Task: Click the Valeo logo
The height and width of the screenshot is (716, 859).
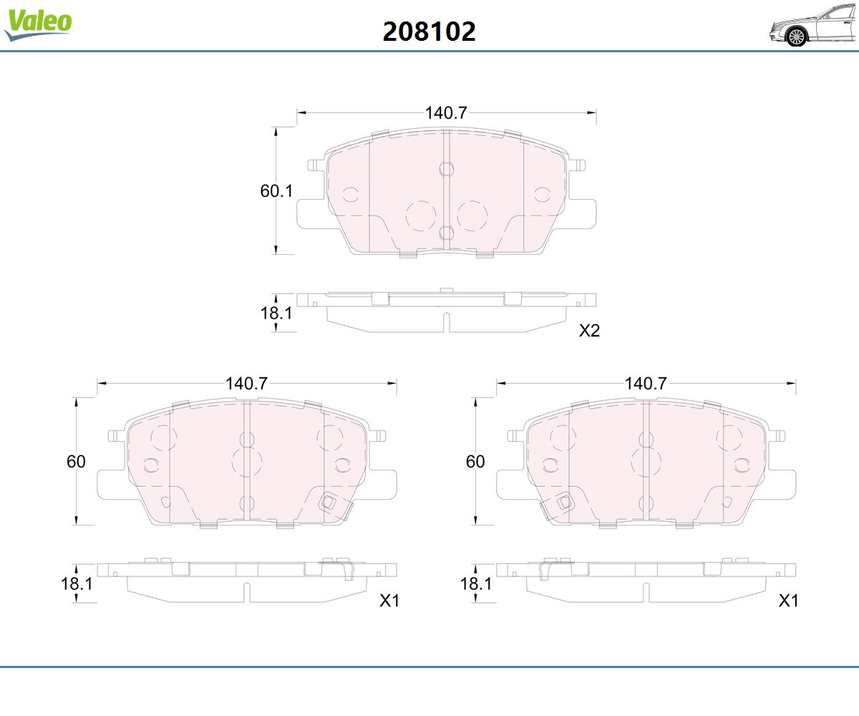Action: [x=38, y=24]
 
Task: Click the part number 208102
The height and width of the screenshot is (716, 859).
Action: [x=429, y=32]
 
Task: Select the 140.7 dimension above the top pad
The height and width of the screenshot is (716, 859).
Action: [x=446, y=112]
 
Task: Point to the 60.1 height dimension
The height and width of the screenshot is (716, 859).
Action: [x=276, y=191]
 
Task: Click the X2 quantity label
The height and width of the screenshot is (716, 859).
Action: [x=589, y=331]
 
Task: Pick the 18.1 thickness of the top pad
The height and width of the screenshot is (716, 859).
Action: [x=276, y=313]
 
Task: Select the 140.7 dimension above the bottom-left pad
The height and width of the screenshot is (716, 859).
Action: [x=246, y=384]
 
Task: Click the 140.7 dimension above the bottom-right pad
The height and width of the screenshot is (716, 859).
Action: [x=646, y=384]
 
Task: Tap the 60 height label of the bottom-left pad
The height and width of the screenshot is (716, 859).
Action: [x=76, y=462]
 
